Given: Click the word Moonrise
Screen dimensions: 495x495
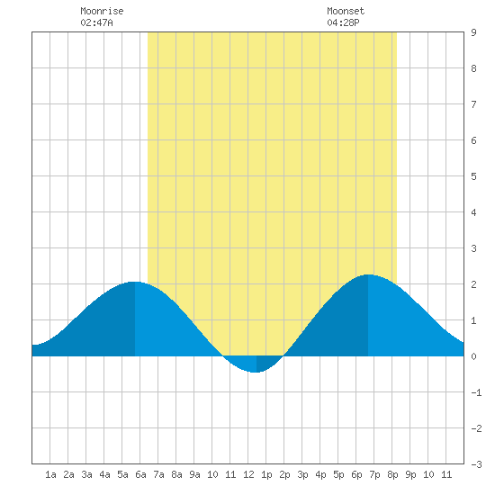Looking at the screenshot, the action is [x=102, y=11].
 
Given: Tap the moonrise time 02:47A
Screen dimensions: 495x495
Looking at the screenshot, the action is [x=96, y=22].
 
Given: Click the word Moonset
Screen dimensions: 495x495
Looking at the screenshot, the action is [x=346, y=11].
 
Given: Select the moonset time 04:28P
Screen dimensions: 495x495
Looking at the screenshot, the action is [x=343, y=22].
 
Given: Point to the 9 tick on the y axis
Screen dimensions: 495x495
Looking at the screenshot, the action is [x=473, y=32].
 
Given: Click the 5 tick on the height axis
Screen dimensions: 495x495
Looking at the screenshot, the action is [x=473, y=176].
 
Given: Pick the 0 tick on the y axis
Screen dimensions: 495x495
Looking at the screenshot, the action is [x=473, y=356].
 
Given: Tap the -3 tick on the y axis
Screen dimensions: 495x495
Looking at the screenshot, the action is [x=476, y=464].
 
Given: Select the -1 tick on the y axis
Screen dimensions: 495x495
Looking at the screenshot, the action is [x=476, y=392].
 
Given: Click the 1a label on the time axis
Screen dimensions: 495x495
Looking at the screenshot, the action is [x=50, y=474].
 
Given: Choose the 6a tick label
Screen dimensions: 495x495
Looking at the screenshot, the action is [x=140, y=474].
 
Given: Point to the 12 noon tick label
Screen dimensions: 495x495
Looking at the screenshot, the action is [x=248, y=474].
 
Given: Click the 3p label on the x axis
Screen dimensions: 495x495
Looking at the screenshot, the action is [x=302, y=474].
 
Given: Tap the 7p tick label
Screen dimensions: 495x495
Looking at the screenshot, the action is [x=374, y=474].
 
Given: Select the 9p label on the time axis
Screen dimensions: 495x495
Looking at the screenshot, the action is [x=410, y=474].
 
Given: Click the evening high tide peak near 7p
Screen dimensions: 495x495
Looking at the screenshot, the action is [x=368, y=275].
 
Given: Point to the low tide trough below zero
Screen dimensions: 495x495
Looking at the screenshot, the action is [x=256, y=372].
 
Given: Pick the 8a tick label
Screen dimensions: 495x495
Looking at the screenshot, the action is [x=176, y=474].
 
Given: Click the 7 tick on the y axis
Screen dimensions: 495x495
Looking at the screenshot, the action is [x=473, y=104].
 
